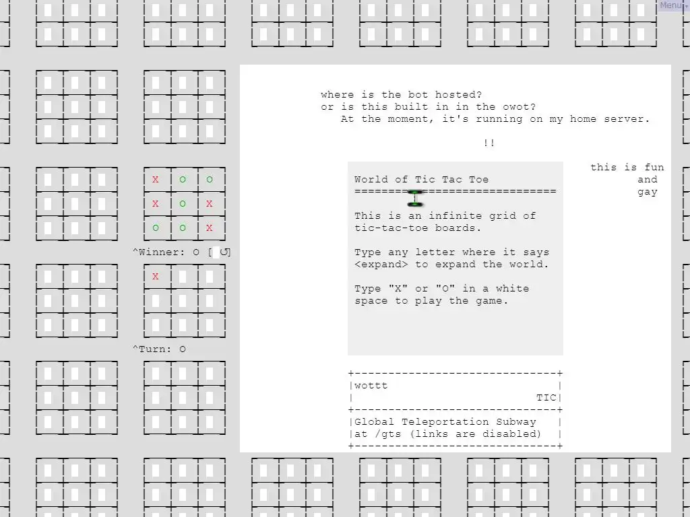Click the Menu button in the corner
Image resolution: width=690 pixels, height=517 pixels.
672,5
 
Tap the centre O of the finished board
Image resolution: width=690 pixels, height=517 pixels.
183,203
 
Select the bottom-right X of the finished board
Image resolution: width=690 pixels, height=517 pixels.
210,228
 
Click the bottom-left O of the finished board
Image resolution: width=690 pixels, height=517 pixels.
156,228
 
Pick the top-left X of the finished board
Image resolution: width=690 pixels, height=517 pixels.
156,179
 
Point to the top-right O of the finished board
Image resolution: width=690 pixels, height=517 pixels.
210,179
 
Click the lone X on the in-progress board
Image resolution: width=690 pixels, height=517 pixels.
156,277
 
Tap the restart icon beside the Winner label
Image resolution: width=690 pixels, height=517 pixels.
224,252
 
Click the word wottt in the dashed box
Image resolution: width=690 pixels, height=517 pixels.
371,386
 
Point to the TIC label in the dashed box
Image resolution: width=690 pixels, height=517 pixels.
546,398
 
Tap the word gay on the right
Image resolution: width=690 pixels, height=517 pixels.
648,193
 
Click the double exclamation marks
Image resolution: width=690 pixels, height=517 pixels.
489,143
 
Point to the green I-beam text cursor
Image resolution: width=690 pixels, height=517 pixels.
415,199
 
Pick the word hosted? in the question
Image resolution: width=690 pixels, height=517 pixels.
458,94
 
